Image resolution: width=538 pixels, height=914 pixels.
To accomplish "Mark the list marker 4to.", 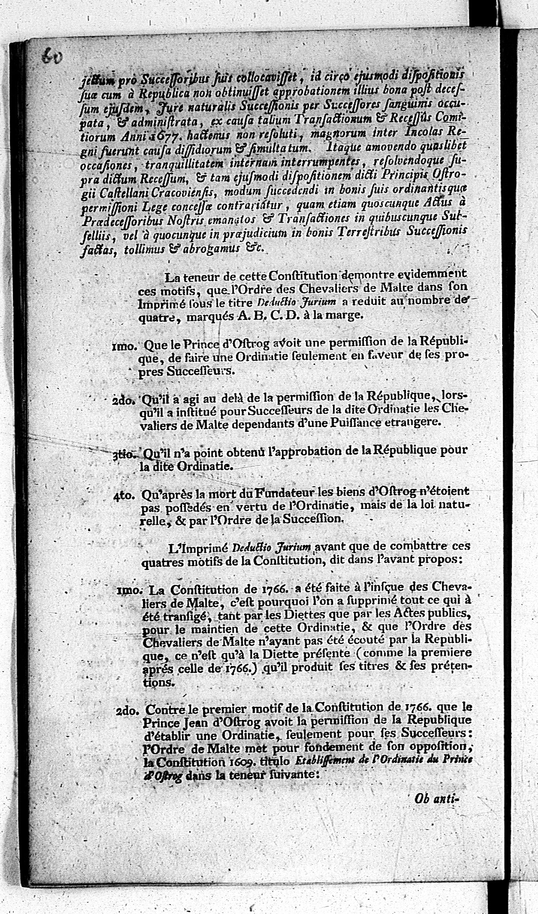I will tap(124, 496).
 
